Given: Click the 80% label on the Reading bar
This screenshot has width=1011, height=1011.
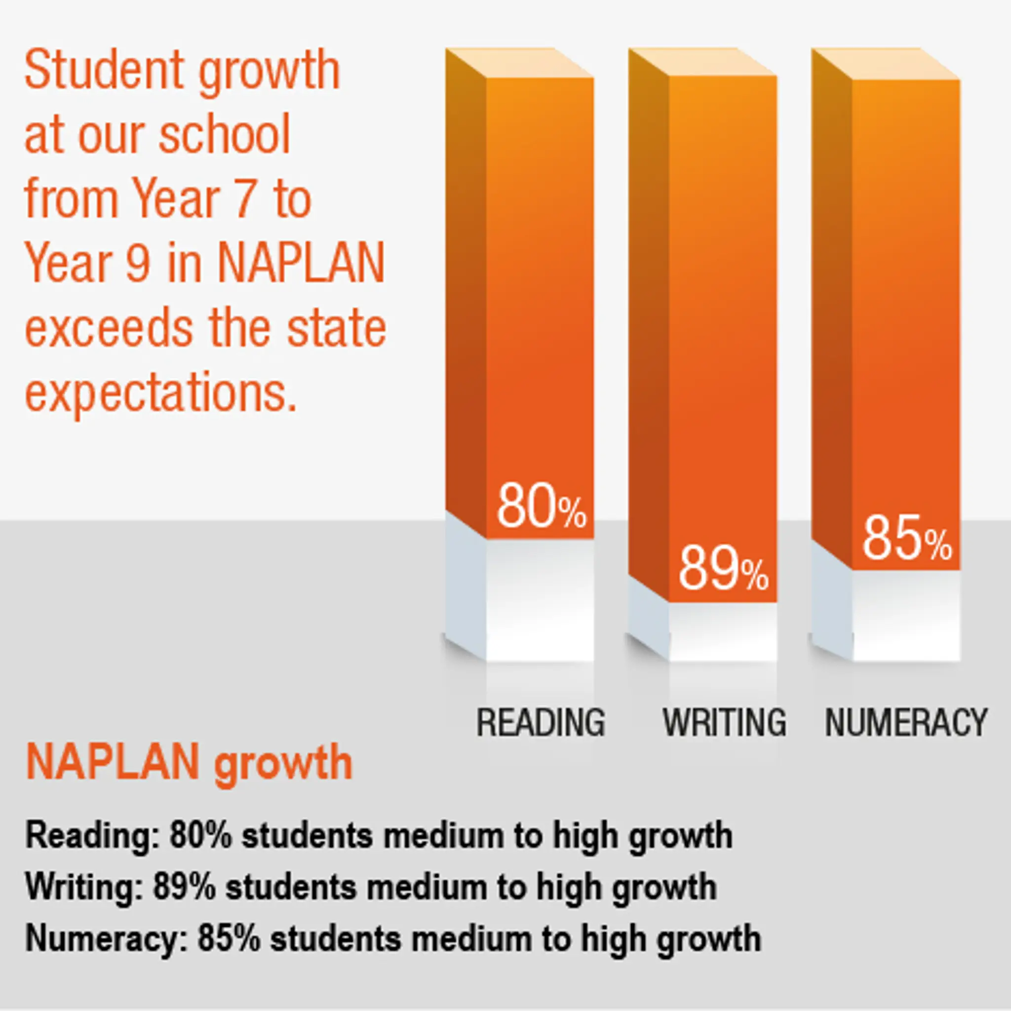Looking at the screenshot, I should tap(541, 506).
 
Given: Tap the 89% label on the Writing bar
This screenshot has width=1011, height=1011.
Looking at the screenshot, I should tap(724, 569).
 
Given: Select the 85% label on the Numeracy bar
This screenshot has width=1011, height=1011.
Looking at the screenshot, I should tap(907, 538).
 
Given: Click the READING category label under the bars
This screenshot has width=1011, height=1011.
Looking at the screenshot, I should tap(541, 723).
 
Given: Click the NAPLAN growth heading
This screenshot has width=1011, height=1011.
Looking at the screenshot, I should tap(189, 764).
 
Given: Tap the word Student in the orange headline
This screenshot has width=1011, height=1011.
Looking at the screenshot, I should tap(103, 71).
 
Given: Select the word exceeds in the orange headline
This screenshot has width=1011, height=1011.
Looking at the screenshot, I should tap(109, 329).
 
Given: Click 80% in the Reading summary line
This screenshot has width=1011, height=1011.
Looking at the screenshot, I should tap(200, 836).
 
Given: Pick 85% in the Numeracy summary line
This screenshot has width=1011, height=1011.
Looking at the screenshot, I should tap(229, 938).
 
